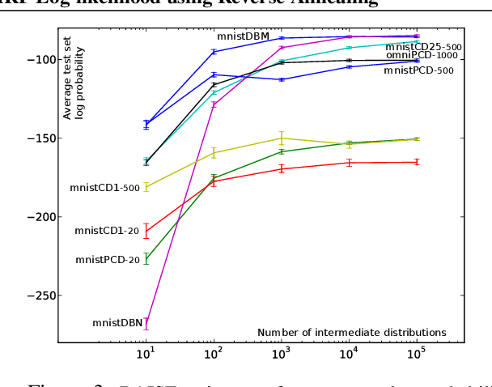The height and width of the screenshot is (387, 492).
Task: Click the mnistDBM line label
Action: click(x=243, y=36)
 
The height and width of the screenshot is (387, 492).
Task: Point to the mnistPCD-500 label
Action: click(x=418, y=70)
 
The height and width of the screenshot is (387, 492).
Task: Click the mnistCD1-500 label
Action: click(x=104, y=188)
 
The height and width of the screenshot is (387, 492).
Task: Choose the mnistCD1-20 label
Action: click(x=107, y=231)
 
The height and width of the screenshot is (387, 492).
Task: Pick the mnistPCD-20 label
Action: click(x=108, y=260)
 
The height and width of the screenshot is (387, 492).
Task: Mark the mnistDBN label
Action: click(x=117, y=323)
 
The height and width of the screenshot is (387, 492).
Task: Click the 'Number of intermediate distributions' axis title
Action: click(x=351, y=332)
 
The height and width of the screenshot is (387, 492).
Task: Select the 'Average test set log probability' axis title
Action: click(x=74, y=82)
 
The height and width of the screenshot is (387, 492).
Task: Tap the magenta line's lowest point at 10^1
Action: click(x=146, y=323)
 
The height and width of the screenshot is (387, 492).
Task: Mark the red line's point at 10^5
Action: click(x=417, y=162)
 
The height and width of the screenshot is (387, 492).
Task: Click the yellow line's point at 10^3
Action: click(x=282, y=138)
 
